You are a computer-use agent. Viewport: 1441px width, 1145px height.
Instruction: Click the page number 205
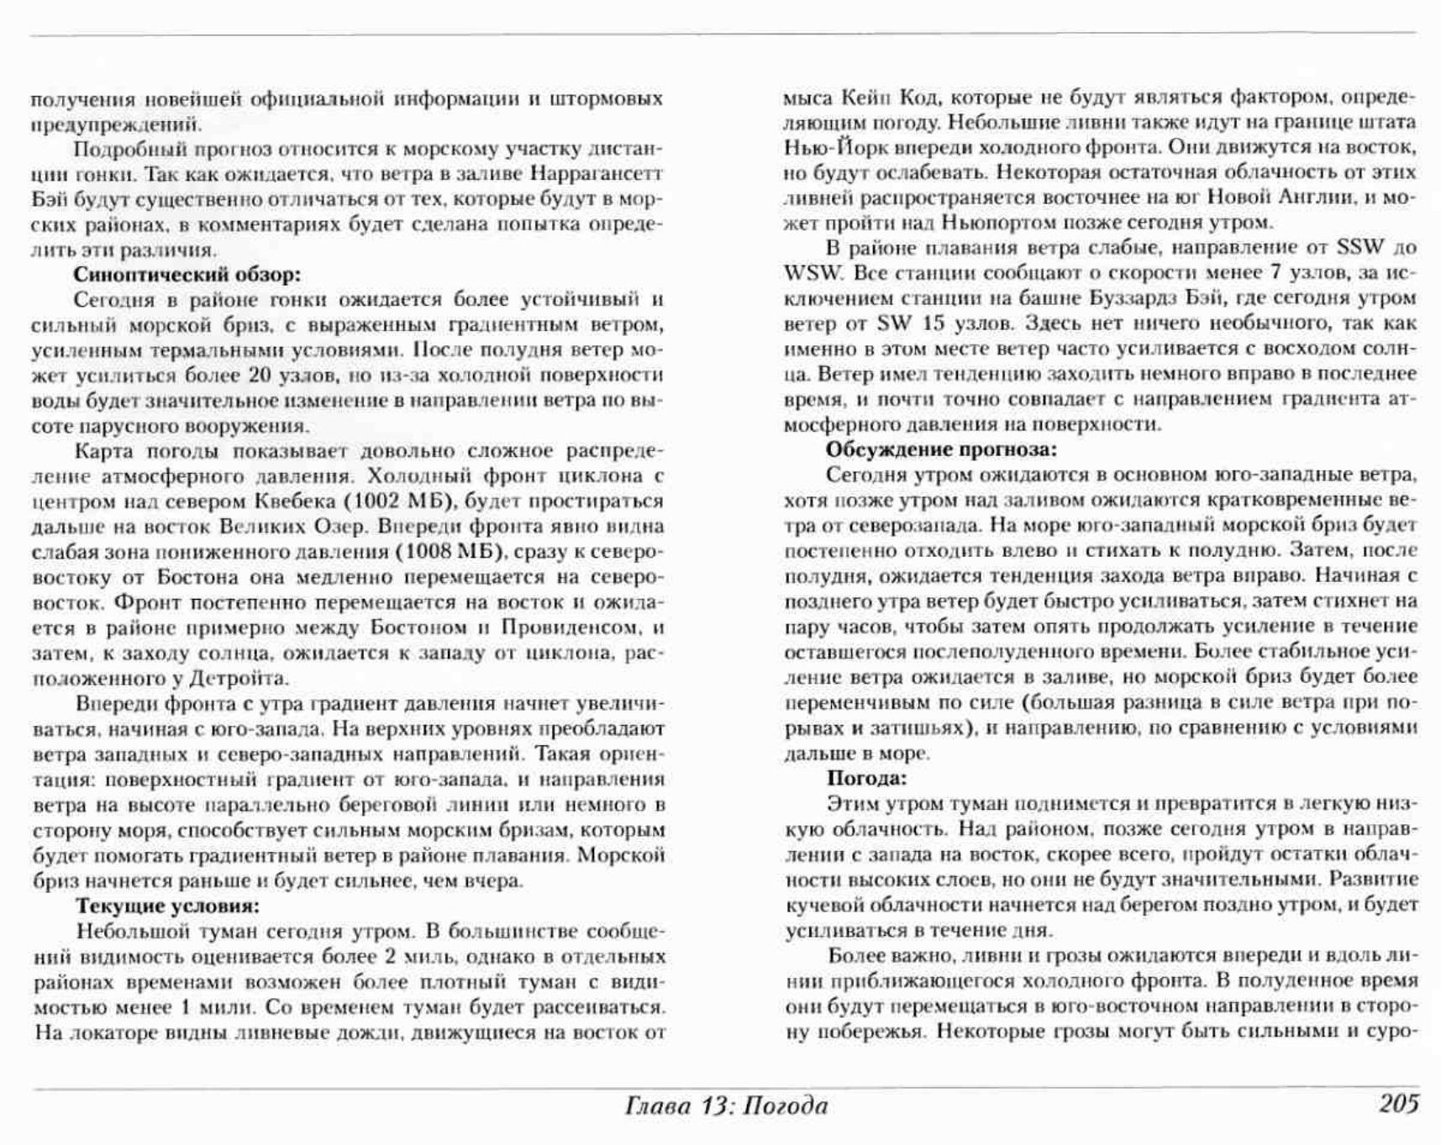coord(1398,1104)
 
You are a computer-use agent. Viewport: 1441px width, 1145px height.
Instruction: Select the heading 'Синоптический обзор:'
coord(187,275)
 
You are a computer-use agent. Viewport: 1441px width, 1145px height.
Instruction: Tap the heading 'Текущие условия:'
coord(167,906)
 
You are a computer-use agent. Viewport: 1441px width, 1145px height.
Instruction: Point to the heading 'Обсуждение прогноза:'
coord(941,449)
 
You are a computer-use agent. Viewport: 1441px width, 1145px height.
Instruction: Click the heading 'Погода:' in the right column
coord(867,778)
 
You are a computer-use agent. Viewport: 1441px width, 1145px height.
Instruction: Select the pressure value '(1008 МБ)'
coord(448,552)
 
